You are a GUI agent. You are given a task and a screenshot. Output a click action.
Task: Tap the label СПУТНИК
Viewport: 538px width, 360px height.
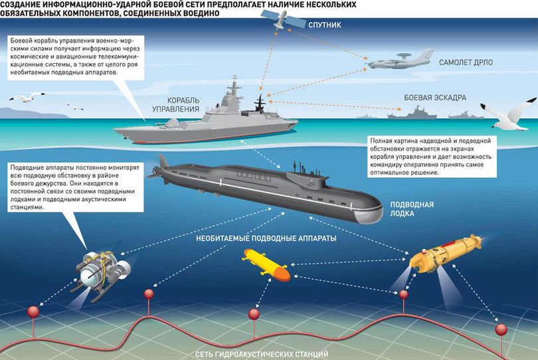tap(327, 25)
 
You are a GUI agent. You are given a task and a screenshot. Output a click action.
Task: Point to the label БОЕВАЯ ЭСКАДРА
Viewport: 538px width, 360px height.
tap(434, 97)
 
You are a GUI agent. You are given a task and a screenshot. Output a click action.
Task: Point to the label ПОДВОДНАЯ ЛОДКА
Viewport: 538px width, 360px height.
tap(412, 210)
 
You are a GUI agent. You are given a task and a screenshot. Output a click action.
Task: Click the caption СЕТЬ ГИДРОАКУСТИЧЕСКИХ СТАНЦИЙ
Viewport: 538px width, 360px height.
tap(268, 354)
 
